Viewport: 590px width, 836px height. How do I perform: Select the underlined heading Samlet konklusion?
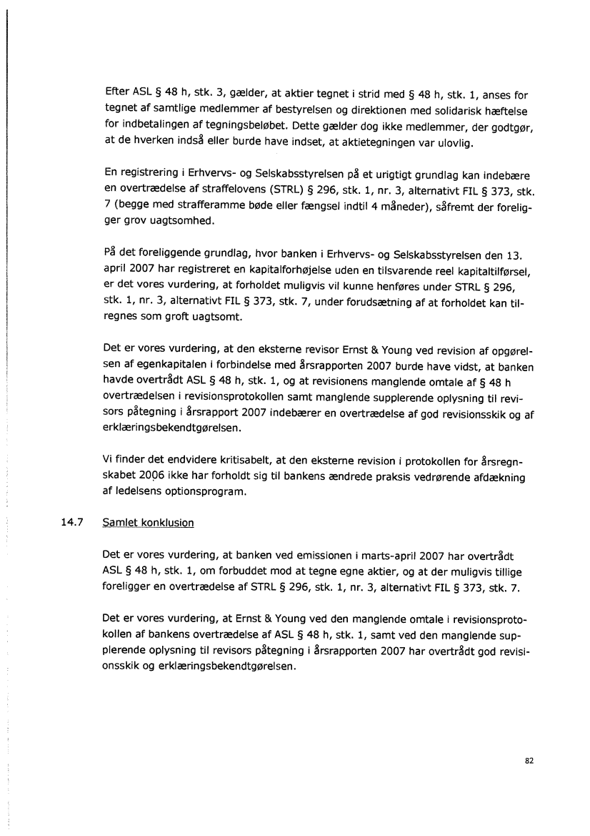point(149,522)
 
